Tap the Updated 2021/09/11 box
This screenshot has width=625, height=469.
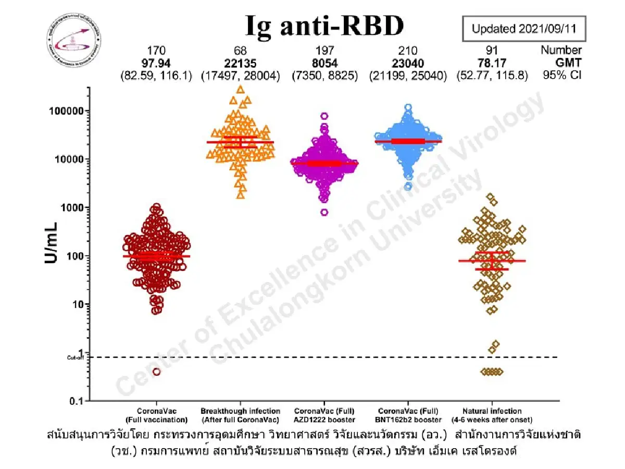523,29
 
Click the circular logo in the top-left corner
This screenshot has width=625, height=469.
73,42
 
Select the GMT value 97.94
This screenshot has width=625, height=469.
156,63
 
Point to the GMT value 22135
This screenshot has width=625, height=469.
240,63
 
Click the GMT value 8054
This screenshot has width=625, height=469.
324,63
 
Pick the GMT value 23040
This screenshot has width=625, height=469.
408,63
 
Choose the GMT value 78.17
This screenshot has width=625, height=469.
492,63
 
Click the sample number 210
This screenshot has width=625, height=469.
408,51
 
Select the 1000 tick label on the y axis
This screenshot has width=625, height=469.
71,207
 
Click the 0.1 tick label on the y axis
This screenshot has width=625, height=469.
77,401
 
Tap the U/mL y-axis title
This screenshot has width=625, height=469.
51,243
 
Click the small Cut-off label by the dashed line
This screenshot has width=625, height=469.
74,357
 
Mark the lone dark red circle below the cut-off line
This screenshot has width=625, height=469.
156,372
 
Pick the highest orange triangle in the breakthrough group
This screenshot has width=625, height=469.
240,89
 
